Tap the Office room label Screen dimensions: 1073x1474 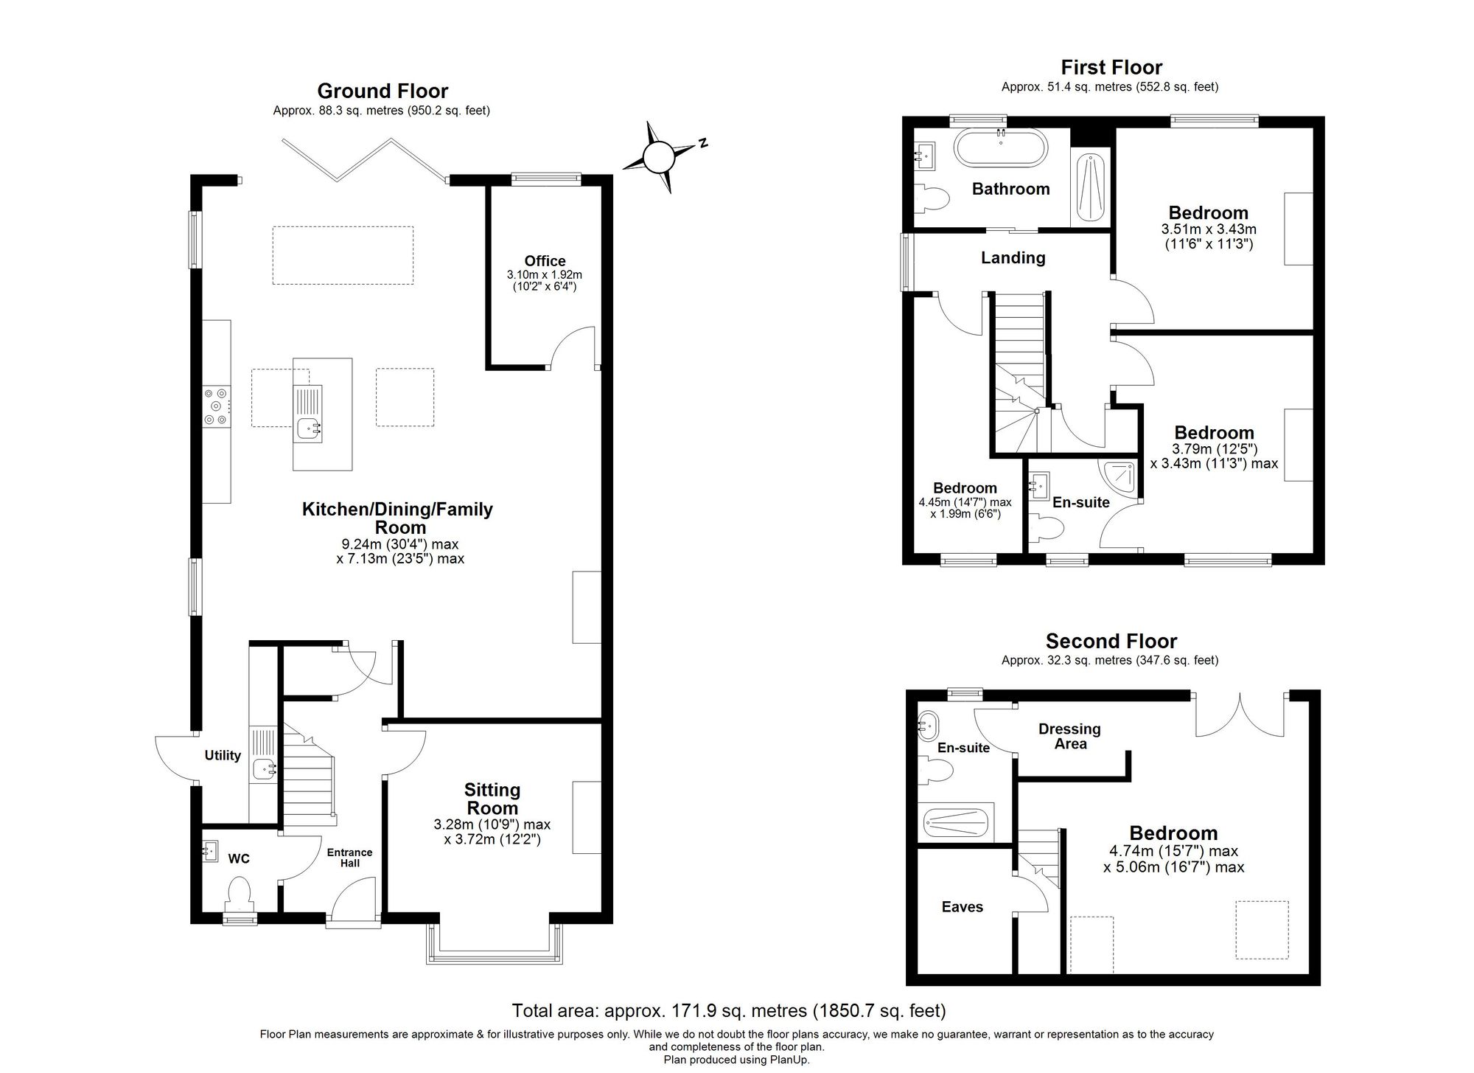545,261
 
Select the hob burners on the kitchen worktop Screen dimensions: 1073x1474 217,406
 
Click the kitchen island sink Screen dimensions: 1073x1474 307,427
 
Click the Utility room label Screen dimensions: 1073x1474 223,755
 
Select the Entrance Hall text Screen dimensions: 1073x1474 349,857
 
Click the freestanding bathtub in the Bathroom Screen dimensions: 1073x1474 1000,147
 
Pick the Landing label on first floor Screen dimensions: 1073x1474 1013,257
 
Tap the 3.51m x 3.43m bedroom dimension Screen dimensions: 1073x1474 1208,229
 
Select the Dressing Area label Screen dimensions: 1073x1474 1069,736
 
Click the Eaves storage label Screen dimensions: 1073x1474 962,907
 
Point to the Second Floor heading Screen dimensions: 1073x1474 1111,641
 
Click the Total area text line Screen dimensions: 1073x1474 728,1010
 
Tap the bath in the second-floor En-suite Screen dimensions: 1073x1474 956,822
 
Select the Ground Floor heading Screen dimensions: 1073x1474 383,91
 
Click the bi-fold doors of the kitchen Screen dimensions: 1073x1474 363,158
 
